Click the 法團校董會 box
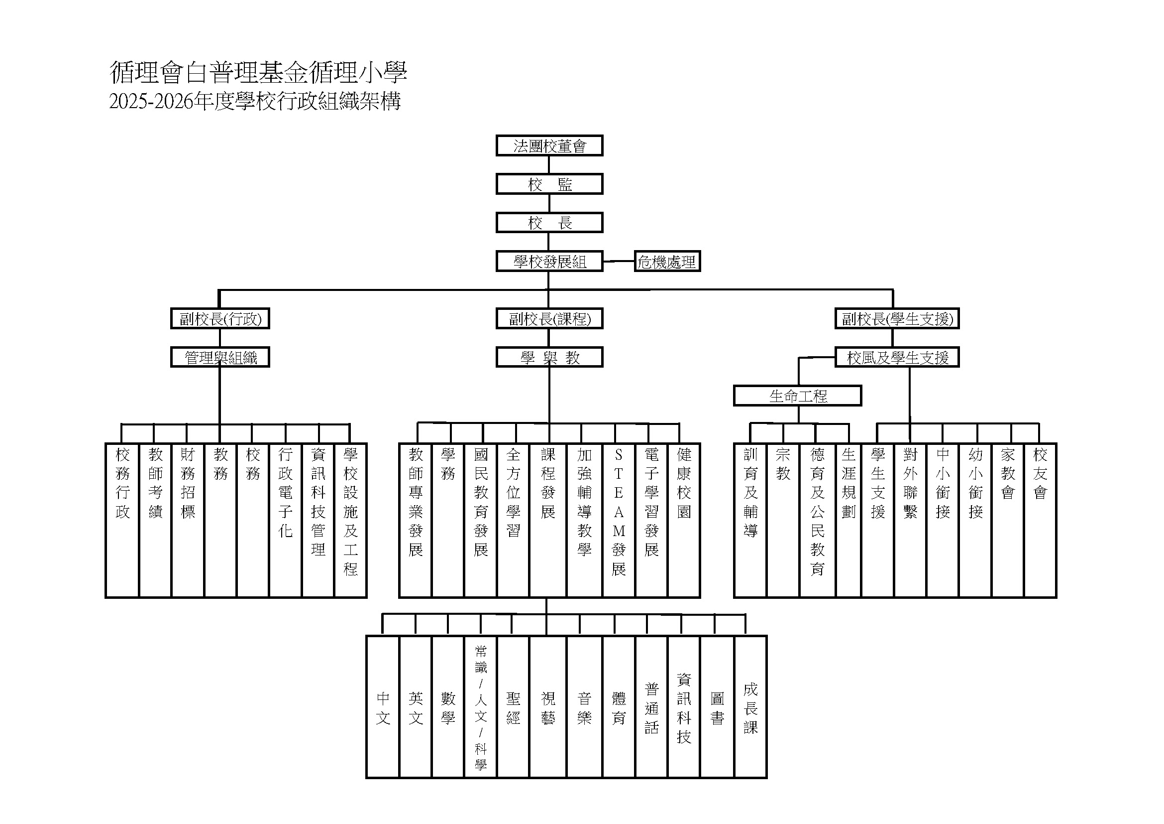549,145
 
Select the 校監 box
549,184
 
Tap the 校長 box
549,223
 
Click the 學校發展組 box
549,262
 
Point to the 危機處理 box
667,262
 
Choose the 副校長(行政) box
220,319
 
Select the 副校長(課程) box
549,319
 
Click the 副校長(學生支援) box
897,319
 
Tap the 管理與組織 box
220,357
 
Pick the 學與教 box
549,357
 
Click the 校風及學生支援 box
897,357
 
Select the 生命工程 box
797,396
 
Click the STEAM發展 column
619,520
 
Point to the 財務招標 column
188,520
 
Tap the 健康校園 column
683,520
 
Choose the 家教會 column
1007,520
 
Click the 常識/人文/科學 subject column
480,707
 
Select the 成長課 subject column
750,707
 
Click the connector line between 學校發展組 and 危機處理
619,262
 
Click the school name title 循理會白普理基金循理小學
258,73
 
